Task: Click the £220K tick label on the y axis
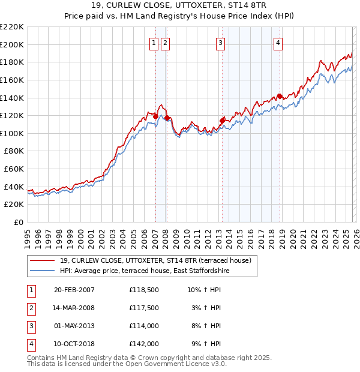click(x=12, y=27)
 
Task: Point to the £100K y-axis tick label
click(x=12, y=133)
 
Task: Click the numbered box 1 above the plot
click(x=154, y=43)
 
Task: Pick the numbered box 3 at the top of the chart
click(x=221, y=43)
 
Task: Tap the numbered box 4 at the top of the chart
click(x=278, y=43)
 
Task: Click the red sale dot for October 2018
click(x=280, y=96)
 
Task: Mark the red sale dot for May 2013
click(x=222, y=121)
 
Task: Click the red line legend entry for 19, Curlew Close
click(x=159, y=260)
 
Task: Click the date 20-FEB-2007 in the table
click(x=74, y=290)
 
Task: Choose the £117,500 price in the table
click(x=144, y=308)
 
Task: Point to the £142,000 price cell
click(x=144, y=344)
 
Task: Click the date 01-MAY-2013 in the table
click(x=74, y=326)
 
